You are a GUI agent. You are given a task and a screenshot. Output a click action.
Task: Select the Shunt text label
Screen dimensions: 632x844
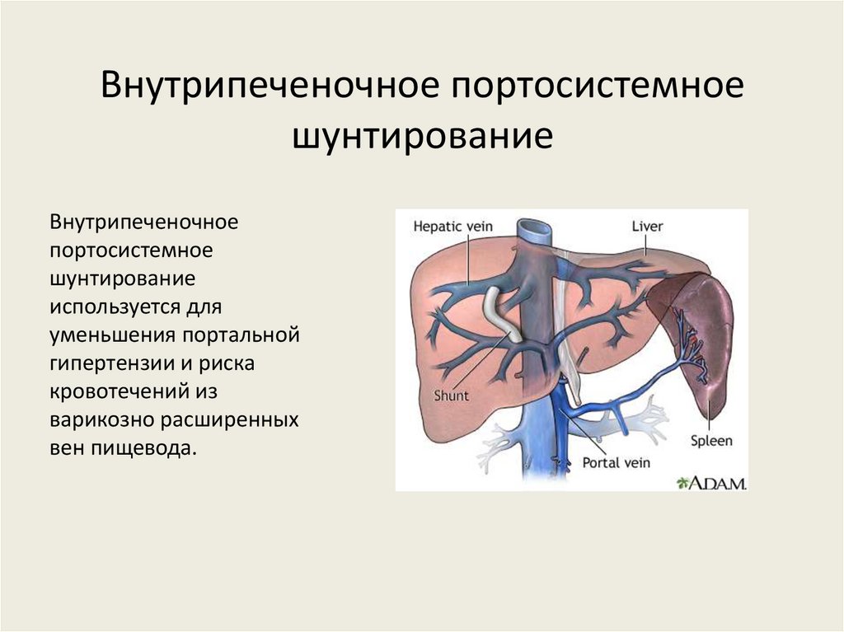click(451, 396)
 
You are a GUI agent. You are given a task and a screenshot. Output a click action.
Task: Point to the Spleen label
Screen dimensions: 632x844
click(710, 441)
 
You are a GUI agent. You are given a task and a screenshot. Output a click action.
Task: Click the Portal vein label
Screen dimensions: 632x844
click(616, 463)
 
